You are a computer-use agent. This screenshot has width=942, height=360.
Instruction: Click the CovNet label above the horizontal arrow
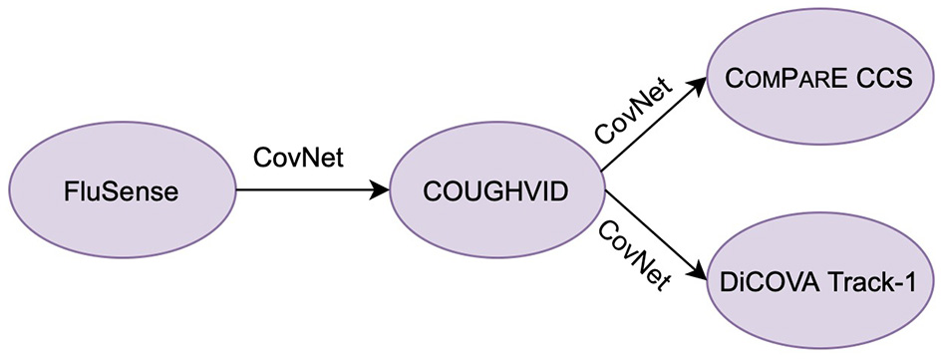pyautogui.click(x=299, y=158)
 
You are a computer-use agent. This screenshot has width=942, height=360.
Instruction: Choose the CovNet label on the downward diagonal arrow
pyautogui.click(x=632, y=257)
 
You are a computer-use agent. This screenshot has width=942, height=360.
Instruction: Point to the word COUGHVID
pyautogui.click(x=496, y=190)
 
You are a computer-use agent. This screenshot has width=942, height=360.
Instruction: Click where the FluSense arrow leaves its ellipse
pyautogui.click(x=235, y=189)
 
